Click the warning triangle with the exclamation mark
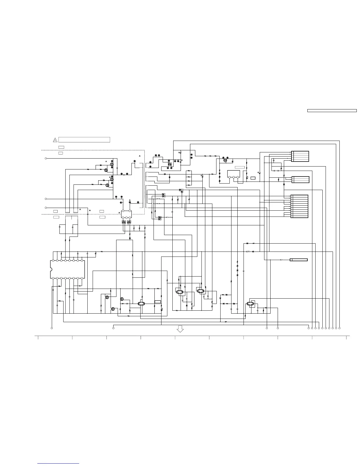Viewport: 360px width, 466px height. tap(55, 140)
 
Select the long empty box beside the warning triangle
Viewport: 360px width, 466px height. tap(84, 140)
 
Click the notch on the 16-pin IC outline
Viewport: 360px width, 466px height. tap(51, 269)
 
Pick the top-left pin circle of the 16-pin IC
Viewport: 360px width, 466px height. tap(53, 260)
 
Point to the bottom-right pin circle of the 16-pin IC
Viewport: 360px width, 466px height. tap(82, 278)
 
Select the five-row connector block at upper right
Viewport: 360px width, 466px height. tap(300, 156)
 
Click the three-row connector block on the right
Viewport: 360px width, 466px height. tap(300, 179)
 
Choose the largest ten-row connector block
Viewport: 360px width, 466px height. tap(299, 206)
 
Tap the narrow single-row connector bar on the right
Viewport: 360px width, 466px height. tap(299, 260)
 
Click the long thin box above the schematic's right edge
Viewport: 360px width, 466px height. tap(332, 111)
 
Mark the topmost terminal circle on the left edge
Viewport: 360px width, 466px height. tap(46, 158)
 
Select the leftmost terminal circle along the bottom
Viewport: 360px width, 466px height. tap(52, 328)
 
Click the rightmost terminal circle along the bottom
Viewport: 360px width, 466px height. tap(339, 328)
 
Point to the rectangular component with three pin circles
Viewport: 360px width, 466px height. tap(234, 174)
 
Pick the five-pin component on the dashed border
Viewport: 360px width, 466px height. tap(126, 214)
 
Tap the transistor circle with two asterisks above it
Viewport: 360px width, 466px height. tap(225, 161)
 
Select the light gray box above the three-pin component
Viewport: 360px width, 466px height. tap(240, 167)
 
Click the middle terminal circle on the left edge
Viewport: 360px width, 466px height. tap(46, 199)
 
